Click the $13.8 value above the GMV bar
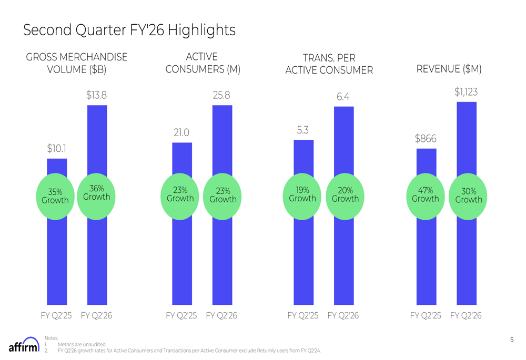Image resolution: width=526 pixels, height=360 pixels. tap(97, 95)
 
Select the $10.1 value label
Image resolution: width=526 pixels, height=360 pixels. tap(57, 149)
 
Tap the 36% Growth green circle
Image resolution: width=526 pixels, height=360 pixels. tap(97, 193)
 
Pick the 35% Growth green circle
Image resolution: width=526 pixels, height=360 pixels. tap(55, 196)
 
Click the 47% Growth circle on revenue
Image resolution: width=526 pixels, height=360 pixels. tap(425, 194)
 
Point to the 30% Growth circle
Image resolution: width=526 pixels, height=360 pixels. tap(468, 196)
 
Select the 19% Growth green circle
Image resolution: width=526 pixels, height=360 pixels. tap(302, 194)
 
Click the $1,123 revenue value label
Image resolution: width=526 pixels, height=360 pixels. tap(466, 92)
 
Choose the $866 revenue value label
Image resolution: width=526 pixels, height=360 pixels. tap(426, 139)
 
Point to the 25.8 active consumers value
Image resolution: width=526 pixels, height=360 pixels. tap(221, 96)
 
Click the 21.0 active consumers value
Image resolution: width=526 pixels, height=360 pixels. tap(181, 133)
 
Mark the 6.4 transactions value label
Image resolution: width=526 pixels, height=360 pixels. tap(343, 97)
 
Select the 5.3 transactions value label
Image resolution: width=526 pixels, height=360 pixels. tap(302, 130)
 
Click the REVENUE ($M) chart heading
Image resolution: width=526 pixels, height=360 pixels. tap(449, 69)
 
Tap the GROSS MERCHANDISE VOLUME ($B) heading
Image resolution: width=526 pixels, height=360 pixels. tap(77, 63)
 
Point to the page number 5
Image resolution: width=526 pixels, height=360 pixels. tap(512, 340)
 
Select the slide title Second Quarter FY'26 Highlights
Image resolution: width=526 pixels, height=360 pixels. tap(129, 30)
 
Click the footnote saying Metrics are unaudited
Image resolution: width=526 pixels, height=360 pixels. tap(82, 344)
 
